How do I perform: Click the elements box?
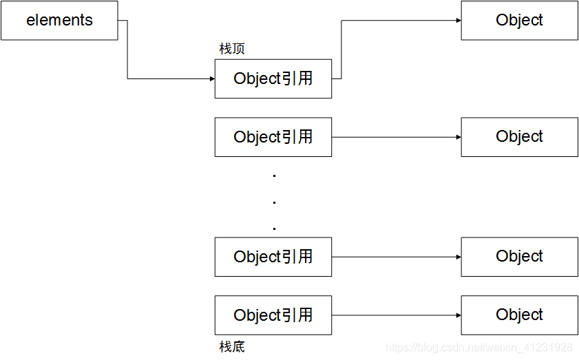[x=59, y=21]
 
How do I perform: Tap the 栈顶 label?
[x=232, y=50]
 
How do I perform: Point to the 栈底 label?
[x=232, y=346]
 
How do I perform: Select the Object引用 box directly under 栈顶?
[x=273, y=78]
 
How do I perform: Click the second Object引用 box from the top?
[x=273, y=137]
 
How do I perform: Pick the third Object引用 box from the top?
[x=273, y=257]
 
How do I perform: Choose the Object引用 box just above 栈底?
[x=273, y=315]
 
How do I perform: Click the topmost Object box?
[x=519, y=21]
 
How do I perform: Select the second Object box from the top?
[x=519, y=137]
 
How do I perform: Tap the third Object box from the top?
[x=519, y=257]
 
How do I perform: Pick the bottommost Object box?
[x=519, y=315]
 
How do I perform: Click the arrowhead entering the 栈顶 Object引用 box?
[x=211, y=79]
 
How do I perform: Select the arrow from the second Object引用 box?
[x=396, y=137]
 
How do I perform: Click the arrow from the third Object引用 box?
[x=396, y=257]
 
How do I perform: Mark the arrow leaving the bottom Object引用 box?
[x=396, y=315]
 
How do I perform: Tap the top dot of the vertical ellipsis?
[x=274, y=176]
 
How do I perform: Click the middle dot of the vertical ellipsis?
[x=274, y=202]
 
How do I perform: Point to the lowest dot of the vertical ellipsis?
[x=274, y=228]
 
